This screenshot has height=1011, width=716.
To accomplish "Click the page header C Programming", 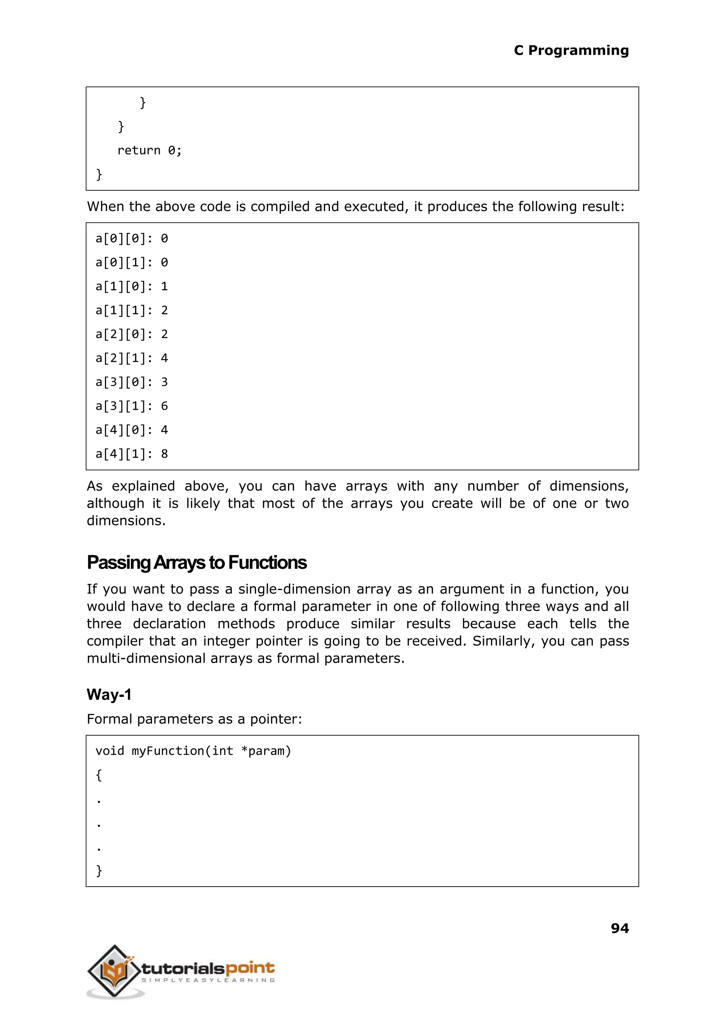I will coord(571,50).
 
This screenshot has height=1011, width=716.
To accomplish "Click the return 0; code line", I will coord(149,151).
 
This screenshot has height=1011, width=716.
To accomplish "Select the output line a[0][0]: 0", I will coord(131,239).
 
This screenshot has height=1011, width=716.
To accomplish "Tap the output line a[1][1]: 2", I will coord(131,311).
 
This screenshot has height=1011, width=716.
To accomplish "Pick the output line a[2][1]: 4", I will coord(131,358).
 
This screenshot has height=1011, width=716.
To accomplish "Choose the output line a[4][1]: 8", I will coord(131,454).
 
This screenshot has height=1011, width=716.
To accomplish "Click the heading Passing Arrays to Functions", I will coord(196,562).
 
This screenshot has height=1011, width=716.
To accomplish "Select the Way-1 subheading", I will coord(109,695).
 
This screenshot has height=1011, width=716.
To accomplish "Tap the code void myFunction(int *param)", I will coord(193,751).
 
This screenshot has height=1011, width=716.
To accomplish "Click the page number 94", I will coord(620,928).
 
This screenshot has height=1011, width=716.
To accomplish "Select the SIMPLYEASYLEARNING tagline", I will coord(207,980).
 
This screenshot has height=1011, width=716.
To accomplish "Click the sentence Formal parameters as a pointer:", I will coord(194,719).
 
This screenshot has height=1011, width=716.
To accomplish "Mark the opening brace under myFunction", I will coord(99,775).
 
